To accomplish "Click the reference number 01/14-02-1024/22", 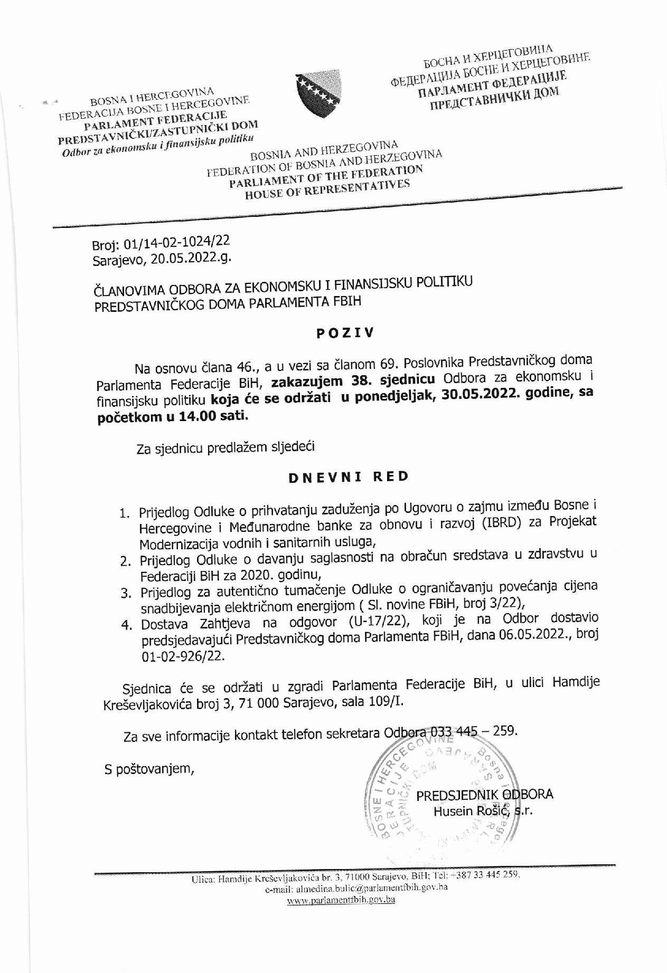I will [x=176, y=242].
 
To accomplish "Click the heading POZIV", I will [x=345, y=333].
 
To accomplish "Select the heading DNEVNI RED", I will [x=349, y=476].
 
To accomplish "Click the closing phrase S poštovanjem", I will [x=149, y=769].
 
